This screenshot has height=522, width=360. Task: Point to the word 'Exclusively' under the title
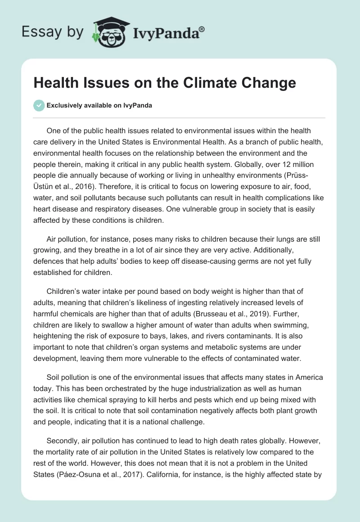64,105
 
